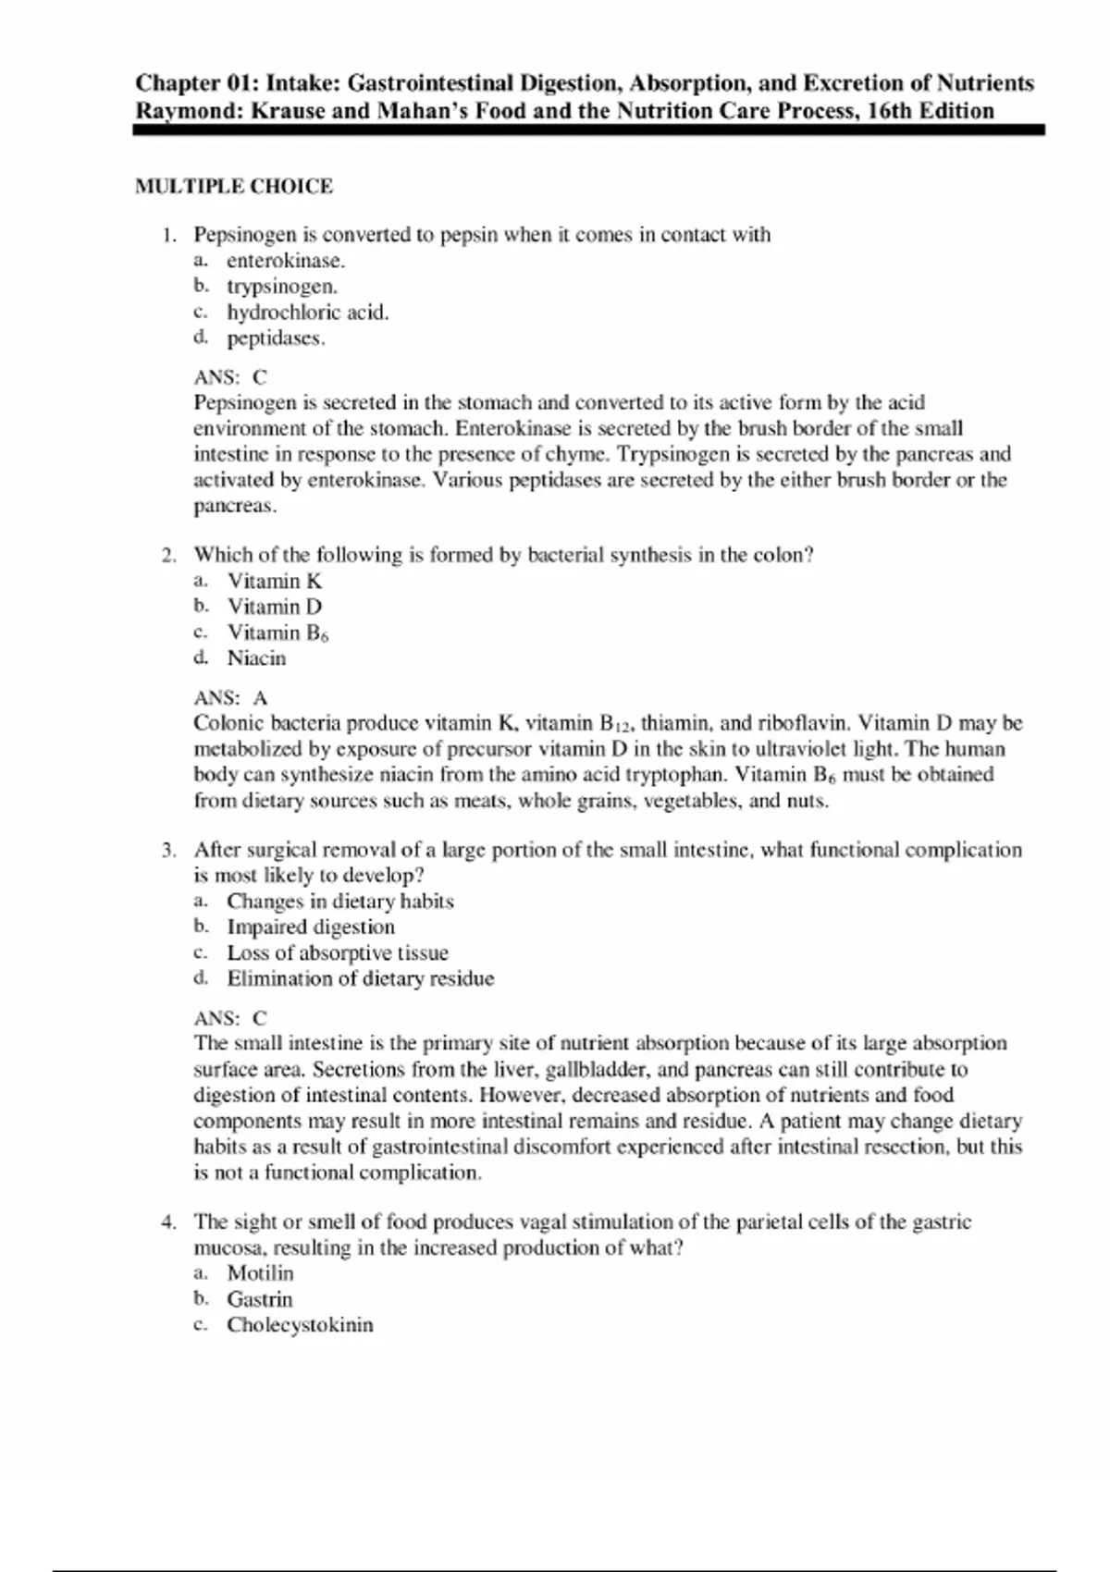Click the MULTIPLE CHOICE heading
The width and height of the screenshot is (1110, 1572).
(234, 186)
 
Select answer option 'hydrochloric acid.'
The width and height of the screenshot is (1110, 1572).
(308, 313)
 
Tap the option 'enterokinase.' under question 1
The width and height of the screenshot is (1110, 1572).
(286, 261)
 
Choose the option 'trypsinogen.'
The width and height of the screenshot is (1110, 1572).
(282, 287)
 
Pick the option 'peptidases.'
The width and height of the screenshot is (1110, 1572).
(277, 338)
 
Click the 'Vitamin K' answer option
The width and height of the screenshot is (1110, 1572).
(275, 582)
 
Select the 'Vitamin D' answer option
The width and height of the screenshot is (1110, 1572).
(275, 608)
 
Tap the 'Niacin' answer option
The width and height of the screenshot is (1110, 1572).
(257, 658)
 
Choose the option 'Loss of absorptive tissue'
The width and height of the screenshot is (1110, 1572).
(338, 953)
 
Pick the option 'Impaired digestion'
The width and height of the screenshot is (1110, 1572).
(311, 927)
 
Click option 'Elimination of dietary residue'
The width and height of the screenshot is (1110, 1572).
(361, 979)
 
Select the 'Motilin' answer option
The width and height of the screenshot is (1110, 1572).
(260, 1273)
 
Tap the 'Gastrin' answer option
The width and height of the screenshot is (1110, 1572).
(260, 1299)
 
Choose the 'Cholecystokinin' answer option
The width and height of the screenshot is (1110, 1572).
(301, 1325)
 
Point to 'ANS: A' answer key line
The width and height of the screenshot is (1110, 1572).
(230, 698)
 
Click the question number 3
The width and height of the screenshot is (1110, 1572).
(168, 850)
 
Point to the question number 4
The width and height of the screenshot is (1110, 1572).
(168, 1222)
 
